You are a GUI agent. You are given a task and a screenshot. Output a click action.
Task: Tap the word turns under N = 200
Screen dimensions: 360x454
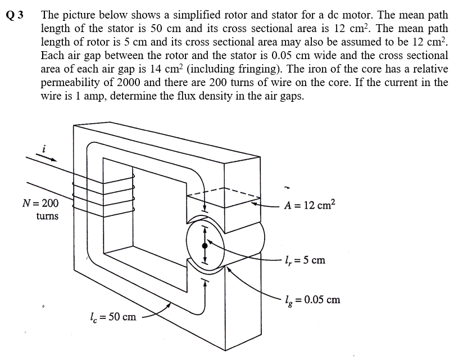[47, 216]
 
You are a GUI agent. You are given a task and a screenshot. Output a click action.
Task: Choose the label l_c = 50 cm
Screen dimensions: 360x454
[113, 317]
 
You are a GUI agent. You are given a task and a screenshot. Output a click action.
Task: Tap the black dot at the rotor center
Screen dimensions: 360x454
[205, 245]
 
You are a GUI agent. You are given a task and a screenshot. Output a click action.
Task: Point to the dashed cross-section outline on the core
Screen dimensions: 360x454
[225, 193]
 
